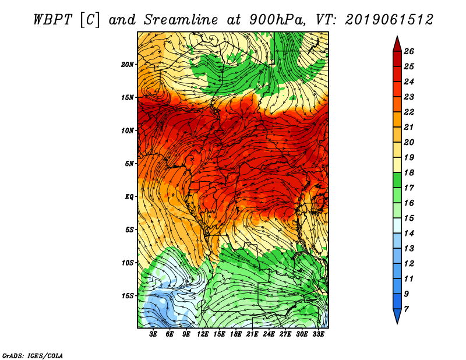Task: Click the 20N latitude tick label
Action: tap(127, 65)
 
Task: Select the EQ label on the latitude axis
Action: tap(129, 197)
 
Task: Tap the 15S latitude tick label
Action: tap(127, 296)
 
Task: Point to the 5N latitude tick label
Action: tap(129, 164)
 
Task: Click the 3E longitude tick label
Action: tap(153, 334)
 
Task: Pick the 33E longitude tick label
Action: tap(318, 334)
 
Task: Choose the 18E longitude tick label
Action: tap(235, 334)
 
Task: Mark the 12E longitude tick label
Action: tap(202, 334)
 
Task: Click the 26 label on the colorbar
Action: tap(409, 51)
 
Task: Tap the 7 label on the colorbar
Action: tap(406, 309)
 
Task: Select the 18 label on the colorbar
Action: tap(409, 172)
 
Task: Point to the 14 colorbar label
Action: tap(409, 234)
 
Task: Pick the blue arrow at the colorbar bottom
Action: tap(397, 316)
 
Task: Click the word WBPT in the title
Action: tap(52, 20)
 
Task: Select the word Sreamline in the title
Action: tap(181, 20)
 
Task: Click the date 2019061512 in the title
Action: tap(389, 20)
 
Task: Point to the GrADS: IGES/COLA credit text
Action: tap(33, 356)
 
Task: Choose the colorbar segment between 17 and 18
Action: tap(397, 180)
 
